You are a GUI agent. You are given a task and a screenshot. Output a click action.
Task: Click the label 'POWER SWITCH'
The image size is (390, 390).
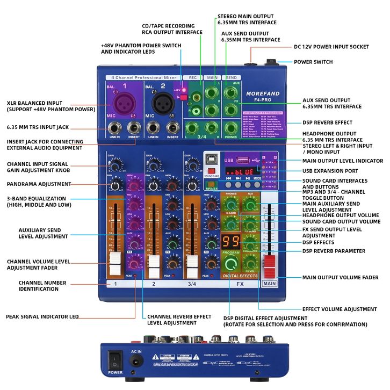(313, 62)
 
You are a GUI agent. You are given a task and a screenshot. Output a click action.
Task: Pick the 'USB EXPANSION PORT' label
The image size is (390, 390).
(330, 171)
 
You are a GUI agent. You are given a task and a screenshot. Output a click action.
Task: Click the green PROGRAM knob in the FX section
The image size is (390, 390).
(231, 263)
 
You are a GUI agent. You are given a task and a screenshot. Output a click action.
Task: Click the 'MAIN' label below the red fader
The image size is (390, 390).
(270, 284)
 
